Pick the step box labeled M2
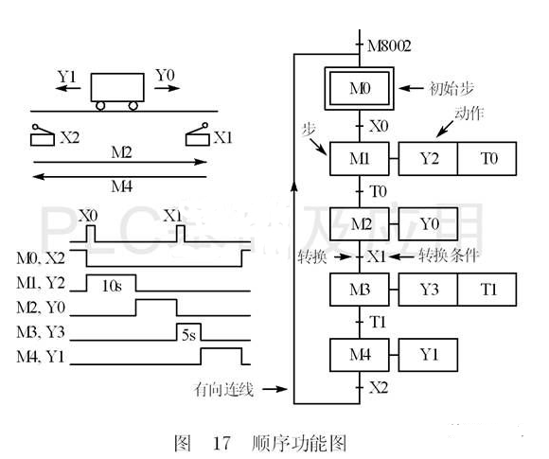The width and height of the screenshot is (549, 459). click(360, 224)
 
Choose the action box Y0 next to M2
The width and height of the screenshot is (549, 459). click(427, 224)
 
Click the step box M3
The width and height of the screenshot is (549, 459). click(360, 289)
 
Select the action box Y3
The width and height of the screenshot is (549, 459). click(427, 289)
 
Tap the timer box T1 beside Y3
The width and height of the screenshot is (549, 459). click(487, 289)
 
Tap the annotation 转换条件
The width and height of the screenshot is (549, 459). click(433, 256)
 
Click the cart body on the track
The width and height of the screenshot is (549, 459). click(118, 88)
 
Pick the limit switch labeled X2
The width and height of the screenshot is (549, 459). click(44, 137)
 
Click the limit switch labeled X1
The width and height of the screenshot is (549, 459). click(200, 137)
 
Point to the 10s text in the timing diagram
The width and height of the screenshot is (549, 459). click(111, 283)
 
